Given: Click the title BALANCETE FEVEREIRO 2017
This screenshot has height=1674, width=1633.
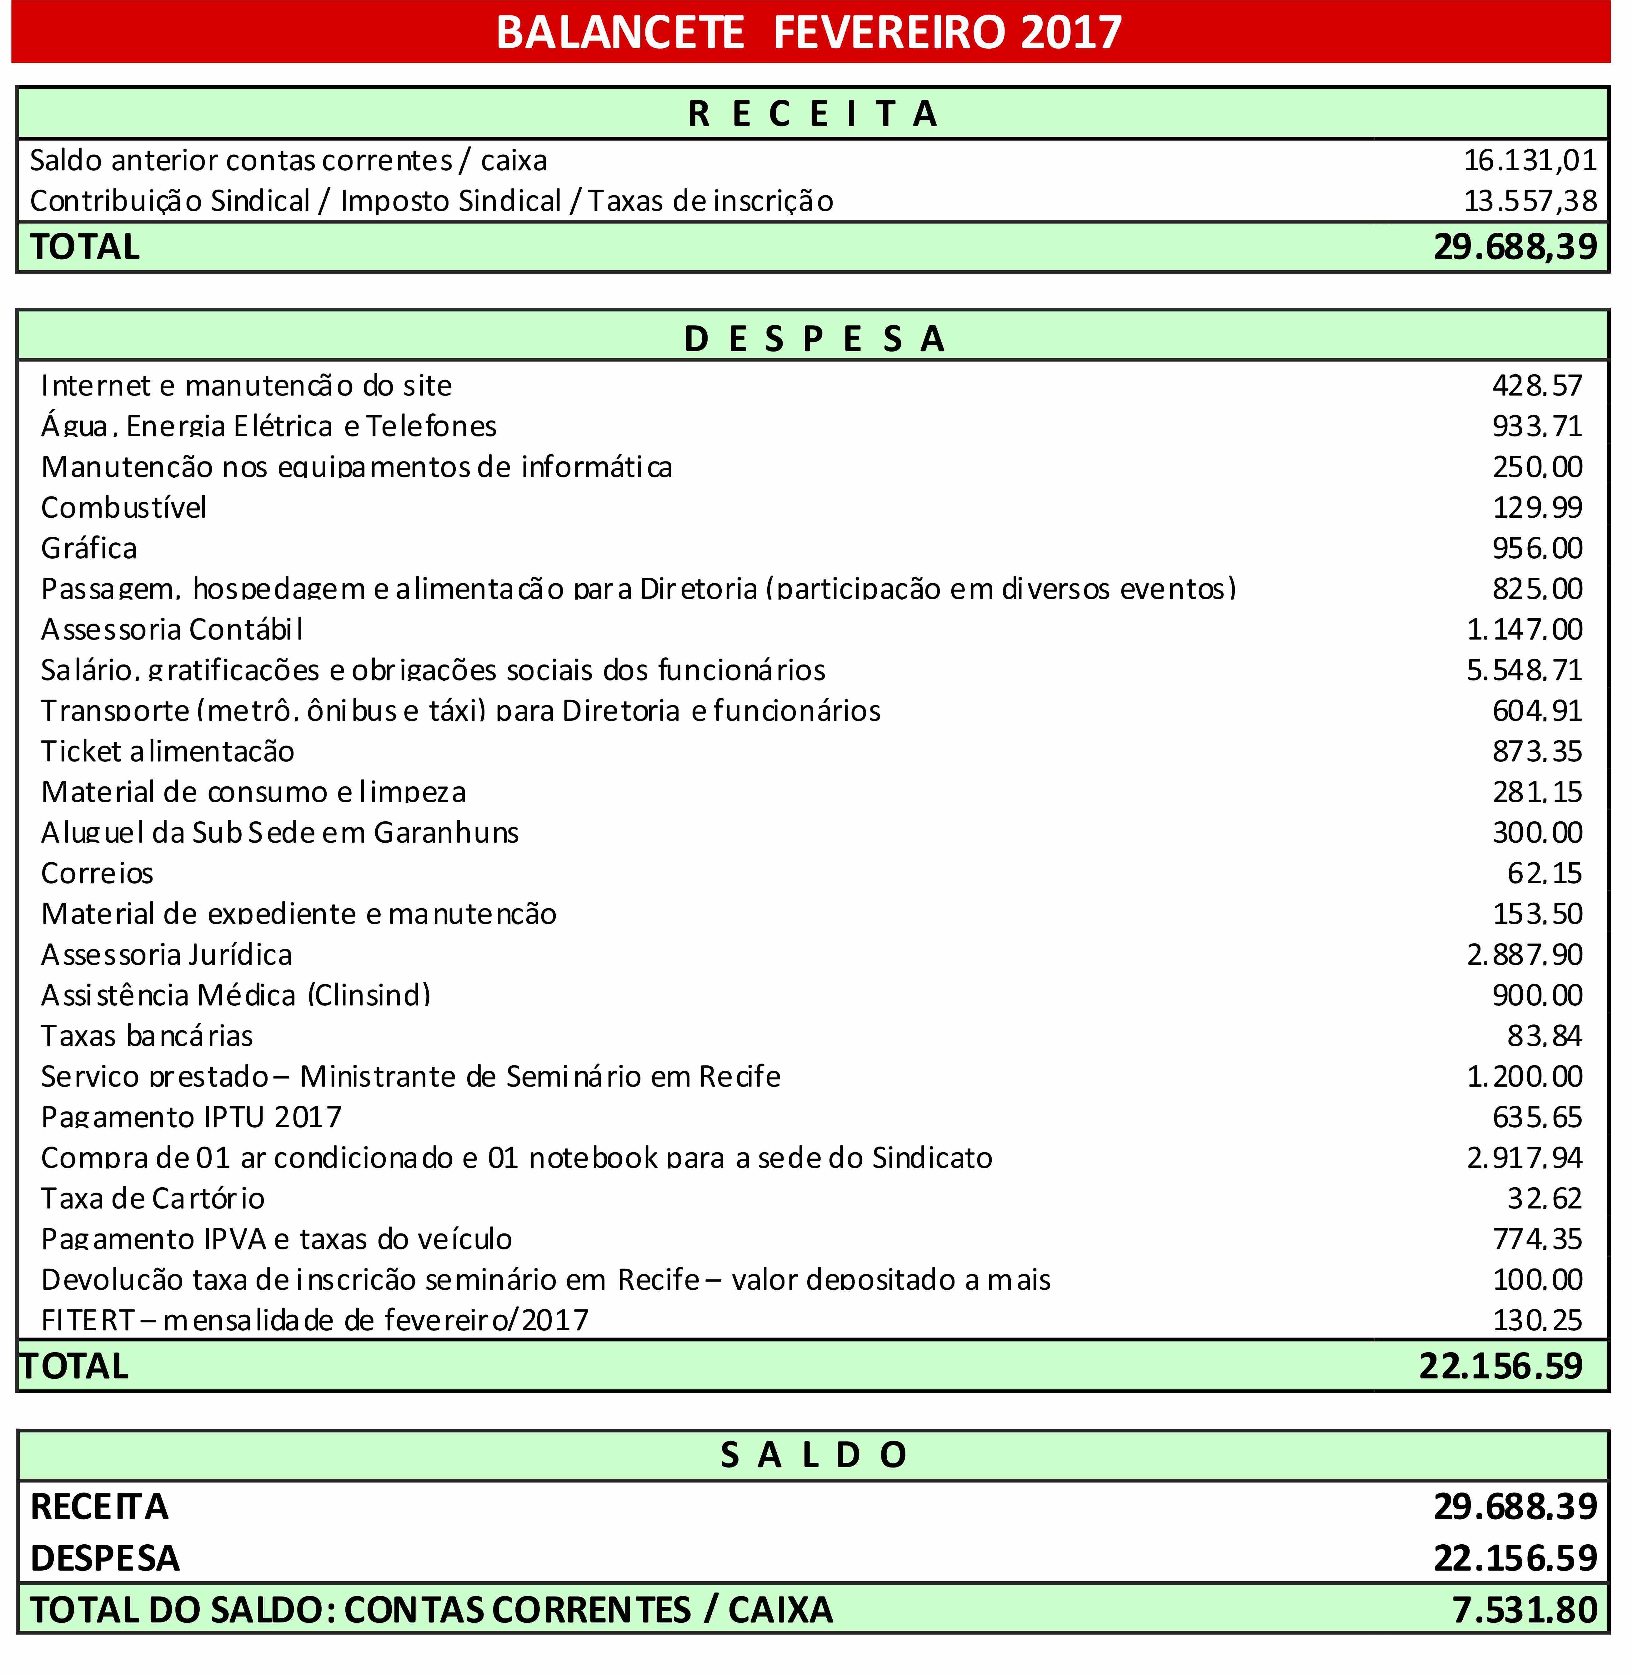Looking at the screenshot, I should click(x=809, y=32).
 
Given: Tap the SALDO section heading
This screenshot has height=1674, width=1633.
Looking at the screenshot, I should click(x=813, y=1454).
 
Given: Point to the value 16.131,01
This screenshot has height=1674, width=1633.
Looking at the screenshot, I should click(x=1529, y=160).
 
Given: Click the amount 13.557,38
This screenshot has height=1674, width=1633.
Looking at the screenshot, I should click(x=1529, y=201).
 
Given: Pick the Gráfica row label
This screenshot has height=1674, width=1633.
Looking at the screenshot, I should click(x=89, y=548).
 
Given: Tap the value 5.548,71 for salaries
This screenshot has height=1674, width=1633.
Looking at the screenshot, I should click(x=1524, y=670).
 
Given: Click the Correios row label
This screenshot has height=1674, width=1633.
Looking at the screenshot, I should click(x=97, y=873).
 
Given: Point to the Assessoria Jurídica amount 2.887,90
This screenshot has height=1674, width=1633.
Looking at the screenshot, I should click(x=1524, y=954).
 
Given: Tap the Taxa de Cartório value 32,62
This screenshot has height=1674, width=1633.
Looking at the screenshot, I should click(x=1544, y=1198).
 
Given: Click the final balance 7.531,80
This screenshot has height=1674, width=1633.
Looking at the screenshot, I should click(x=1524, y=1610).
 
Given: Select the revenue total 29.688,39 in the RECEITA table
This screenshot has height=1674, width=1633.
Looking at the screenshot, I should click(x=1515, y=247).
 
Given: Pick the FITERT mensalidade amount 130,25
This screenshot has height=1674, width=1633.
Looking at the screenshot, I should click(x=1537, y=1320).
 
